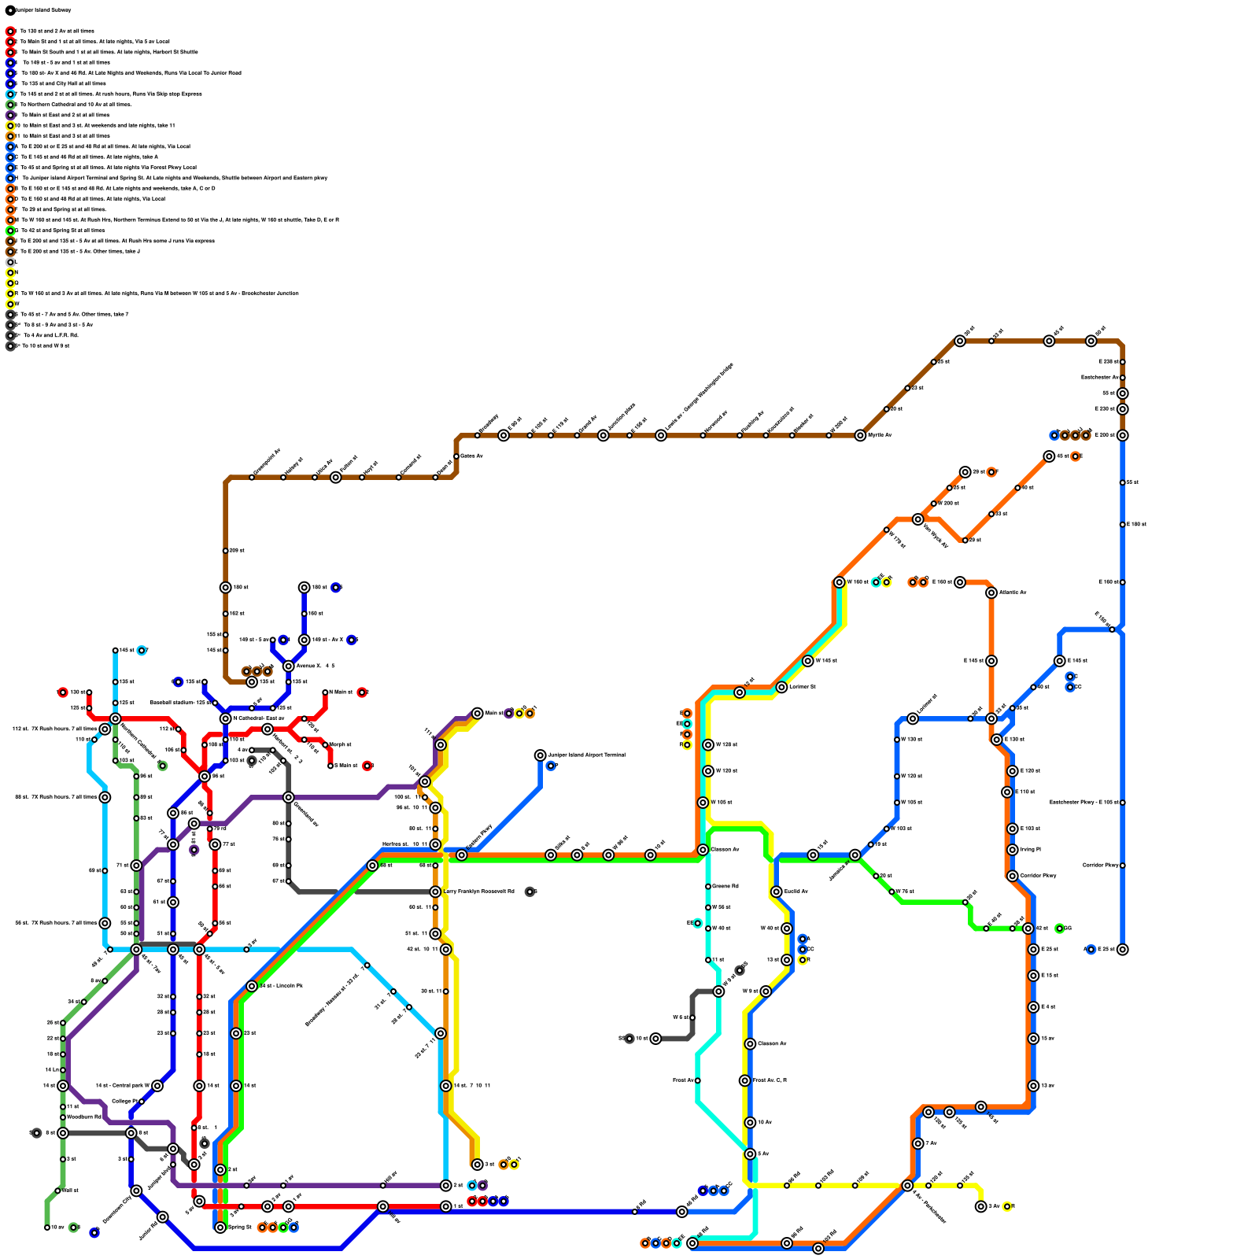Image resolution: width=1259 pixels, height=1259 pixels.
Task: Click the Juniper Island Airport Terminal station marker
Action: [540, 755]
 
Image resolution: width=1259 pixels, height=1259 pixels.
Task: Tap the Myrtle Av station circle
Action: [860, 435]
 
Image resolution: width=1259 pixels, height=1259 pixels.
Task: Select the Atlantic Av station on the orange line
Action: [991, 593]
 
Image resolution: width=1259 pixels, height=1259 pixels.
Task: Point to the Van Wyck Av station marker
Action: [917, 519]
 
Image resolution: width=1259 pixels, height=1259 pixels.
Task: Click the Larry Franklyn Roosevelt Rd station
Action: [435, 892]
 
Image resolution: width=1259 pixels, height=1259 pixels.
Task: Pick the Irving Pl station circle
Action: [1013, 850]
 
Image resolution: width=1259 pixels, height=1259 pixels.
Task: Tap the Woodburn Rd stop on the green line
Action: [63, 1117]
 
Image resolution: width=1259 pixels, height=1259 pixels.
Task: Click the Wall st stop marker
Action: [57, 1191]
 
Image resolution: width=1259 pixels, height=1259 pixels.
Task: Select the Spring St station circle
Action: [220, 1228]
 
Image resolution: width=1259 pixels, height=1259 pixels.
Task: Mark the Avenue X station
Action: [289, 666]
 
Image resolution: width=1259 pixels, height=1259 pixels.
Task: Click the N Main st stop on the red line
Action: [325, 692]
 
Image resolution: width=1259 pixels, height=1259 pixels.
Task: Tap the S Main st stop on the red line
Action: [330, 766]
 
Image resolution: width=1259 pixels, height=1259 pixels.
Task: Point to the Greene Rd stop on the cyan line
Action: [708, 887]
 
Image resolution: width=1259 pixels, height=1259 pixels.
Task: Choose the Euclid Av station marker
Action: [777, 892]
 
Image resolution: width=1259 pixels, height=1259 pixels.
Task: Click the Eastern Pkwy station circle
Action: [462, 855]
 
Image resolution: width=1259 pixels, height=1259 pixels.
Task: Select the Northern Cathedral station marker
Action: [116, 718]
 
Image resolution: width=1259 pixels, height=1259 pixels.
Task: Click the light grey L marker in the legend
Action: [10, 262]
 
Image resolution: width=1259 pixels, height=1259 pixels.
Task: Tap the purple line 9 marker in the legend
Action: [10, 115]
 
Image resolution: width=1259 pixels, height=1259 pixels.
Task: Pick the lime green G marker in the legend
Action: [10, 231]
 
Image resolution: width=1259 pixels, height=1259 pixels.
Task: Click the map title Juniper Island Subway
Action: [39, 10]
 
